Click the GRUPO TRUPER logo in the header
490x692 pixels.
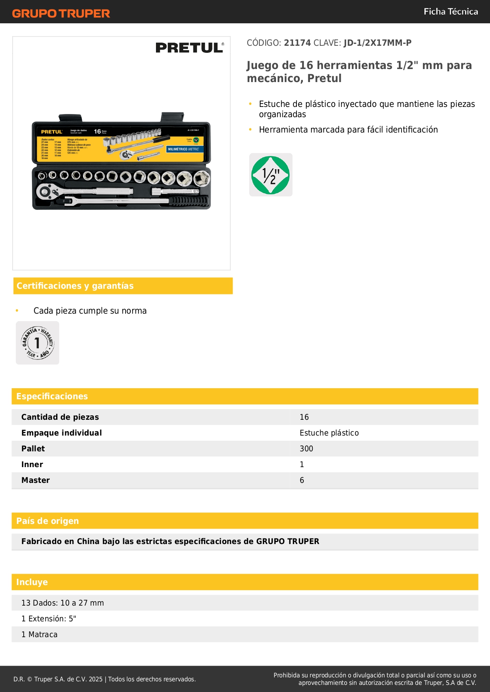pyautogui.click(x=61, y=13)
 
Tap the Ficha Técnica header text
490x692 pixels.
pyautogui.click(x=451, y=12)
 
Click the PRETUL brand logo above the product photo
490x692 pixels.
pyautogui.click(x=190, y=48)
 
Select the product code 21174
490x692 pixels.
pyautogui.click(x=297, y=43)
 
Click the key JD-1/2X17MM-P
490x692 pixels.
pyautogui.click(x=377, y=43)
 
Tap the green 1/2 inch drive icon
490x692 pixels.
pyautogui.click(x=271, y=175)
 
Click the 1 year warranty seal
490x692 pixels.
pyautogui.click(x=38, y=343)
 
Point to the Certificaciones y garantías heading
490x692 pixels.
pyautogui.click(x=75, y=286)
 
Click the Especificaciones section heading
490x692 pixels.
pyautogui.click(x=52, y=396)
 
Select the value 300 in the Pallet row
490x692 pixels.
pyautogui.click(x=306, y=449)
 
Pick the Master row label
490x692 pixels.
pyautogui.click(x=36, y=480)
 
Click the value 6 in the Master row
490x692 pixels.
pyautogui.click(x=302, y=480)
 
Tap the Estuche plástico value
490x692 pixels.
pyautogui.click(x=329, y=433)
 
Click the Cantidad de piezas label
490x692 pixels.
pyautogui.click(x=60, y=417)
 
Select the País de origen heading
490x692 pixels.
pyautogui.click(x=47, y=521)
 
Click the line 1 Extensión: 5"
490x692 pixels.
pyautogui.click(x=49, y=619)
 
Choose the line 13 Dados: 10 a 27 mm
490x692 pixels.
pyautogui.click(x=62, y=603)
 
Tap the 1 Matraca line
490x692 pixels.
pyautogui.click(x=39, y=634)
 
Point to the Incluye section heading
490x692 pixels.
pyautogui.click(x=32, y=582)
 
